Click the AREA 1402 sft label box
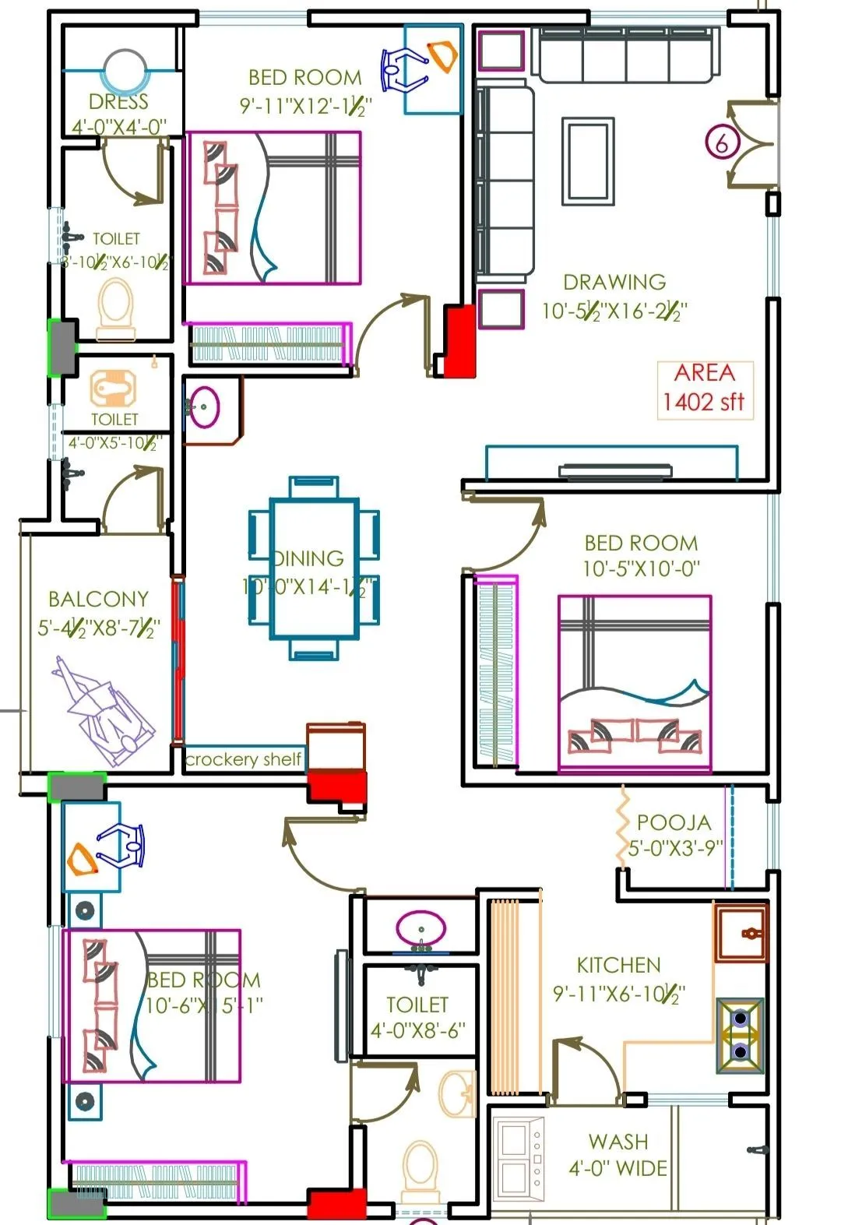coord(705,389)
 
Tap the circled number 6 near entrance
coord(722,143)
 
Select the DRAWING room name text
coord(614,282)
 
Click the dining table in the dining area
coord(315,568)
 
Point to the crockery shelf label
coord(243,759)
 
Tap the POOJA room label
coord(674,822)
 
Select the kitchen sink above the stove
coord(741,933)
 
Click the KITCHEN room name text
coord(618,966)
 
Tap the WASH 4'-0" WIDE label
coord(618,1155)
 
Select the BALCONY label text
coord(98,599)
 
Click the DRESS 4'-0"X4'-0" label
coord(119,114)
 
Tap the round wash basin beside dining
coord(205,407)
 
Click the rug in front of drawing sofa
coord(588,161)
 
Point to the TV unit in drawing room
coord(615,470)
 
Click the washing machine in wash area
coord(519,1158)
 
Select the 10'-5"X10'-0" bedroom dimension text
coord(641,569)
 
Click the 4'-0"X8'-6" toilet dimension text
coord(417,1030)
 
